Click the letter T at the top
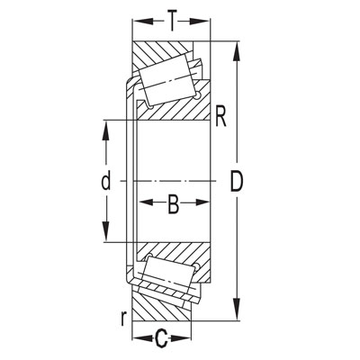pos(170,17)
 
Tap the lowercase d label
pos(105,182)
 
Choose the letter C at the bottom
pos(163,339)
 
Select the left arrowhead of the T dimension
pos(139,17)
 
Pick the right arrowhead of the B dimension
pos(209,206)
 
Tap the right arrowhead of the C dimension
pos(188,339)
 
